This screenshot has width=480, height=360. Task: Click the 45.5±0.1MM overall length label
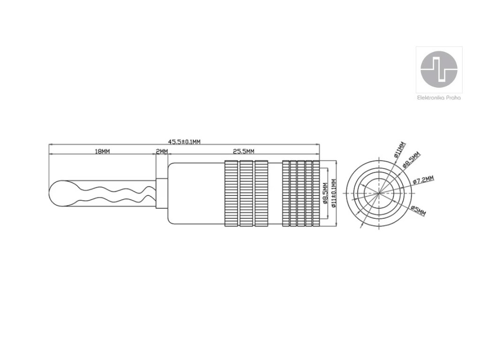[184, 142]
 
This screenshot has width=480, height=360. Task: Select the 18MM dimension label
[102, 151]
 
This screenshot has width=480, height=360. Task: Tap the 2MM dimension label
[161, 151]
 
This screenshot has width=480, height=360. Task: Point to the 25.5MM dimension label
[243, 151]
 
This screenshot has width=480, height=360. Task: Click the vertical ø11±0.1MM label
[333, 194]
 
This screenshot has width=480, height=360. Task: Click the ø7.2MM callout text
[424, 180]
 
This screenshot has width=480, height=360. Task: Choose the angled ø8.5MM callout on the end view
[412, 160]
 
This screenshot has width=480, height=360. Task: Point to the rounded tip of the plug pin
[55, 193]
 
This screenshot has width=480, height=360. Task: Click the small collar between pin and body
[161, 194]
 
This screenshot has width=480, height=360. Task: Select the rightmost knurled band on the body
[316, 194]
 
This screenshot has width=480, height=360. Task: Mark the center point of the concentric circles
[380, 194]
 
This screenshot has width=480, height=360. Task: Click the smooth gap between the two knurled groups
[275, 194]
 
